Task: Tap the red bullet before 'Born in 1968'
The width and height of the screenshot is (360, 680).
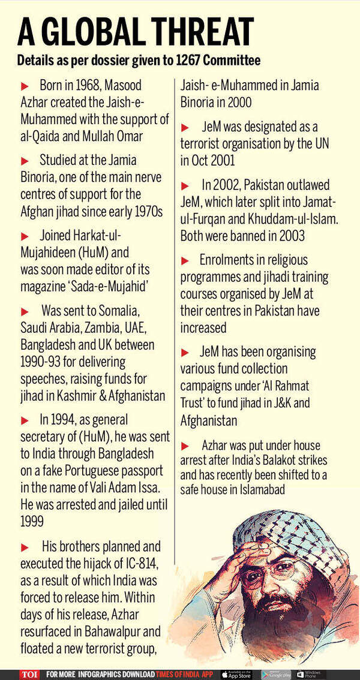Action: pos(25,86)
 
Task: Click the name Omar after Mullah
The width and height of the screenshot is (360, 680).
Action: pos(128,136)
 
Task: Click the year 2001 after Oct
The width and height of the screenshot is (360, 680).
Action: pos(224,161)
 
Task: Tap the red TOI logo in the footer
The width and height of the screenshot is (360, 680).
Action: pos(29,674)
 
